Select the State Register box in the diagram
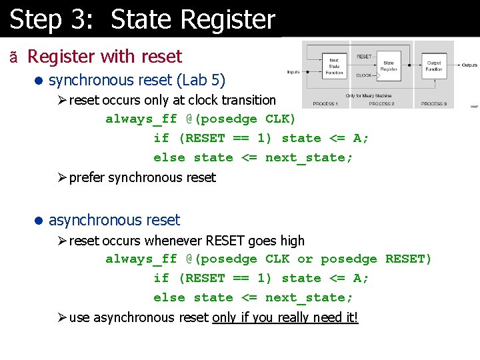tap(389, 65)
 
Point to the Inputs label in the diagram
tap(293, 72)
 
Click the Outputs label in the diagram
tap(469, 65)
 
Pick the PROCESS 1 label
tap(325, 104)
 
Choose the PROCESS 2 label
tap(381, 104)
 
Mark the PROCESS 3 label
tap(433, 104)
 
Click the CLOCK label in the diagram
tap(364, 76)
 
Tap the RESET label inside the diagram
tap(364, 57)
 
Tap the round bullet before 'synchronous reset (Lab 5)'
tap(39, 81)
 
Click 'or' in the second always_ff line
tap(305, 259)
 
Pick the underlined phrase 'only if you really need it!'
tap(285, 317)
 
